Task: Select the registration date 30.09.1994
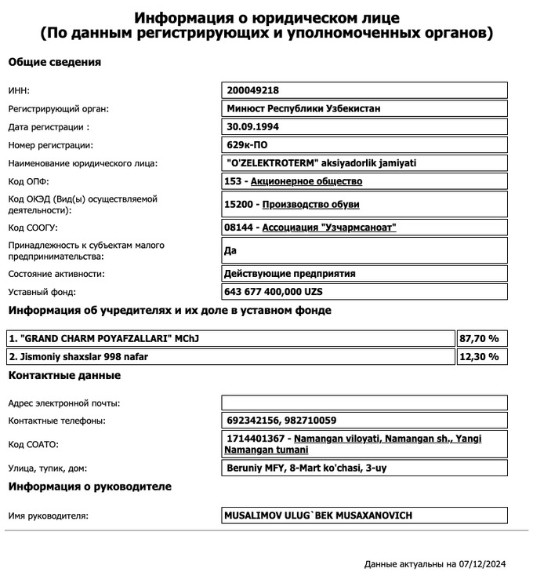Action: pyautogui.click(x=252, y=126)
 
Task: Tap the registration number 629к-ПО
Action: pyautogui.click(x=248, y=145)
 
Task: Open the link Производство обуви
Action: pyautogui.click(x=310, y=205)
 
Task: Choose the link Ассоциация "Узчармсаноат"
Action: pyautogui.click(x=329, y=228)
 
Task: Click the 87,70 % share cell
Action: pyautogui.click(x=482, y=339)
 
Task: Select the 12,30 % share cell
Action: pyautogui.click(x=482, y=357)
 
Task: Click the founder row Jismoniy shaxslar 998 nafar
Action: pyautogui.click(x=78, y=357)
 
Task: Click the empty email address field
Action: pyautogui.click(x=365, y=403)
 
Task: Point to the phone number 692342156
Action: pyautogui.click(x=248, y=421)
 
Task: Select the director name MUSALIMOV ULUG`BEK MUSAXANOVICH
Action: pyautogui.click(x=317, y=516)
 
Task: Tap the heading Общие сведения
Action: pyautogui.click(x=54, y=62)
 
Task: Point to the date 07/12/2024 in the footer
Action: pyautogui.click(x=485, y=563)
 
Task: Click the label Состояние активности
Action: pyautogui.click(x=56, y=274)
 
